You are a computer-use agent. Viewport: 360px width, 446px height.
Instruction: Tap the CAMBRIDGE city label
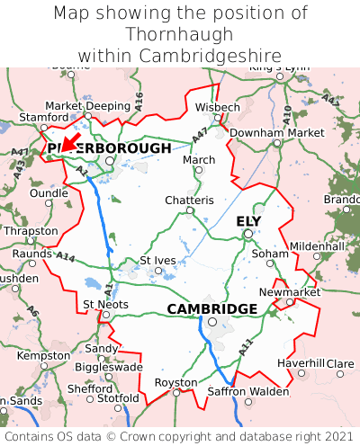(x=211, y=309)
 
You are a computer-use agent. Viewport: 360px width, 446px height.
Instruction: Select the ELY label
(x=248, y=221)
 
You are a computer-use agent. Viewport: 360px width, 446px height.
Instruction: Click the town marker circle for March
(x=199, y=170)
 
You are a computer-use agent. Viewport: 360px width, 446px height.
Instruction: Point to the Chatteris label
(x=189, y=200)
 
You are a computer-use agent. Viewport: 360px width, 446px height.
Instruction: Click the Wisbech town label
(x=218, y=107)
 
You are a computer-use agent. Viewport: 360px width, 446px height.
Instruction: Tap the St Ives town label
(x=158, y=261)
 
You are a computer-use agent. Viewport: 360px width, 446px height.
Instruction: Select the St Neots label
(x=105, y=304)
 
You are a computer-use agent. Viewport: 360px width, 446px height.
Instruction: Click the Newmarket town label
(x=289, y=292)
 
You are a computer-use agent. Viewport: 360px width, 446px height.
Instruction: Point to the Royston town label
(x=176, y=381)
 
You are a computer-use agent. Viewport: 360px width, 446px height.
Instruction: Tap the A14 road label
(x=66, y=257)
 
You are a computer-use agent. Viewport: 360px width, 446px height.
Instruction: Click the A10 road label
(x=286, y=114)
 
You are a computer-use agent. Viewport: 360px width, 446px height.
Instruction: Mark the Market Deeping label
(x=87, y=105)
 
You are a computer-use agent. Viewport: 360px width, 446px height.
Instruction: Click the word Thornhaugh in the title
(x=180, y=35)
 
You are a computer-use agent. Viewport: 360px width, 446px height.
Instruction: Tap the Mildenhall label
(x=316, y=245)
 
